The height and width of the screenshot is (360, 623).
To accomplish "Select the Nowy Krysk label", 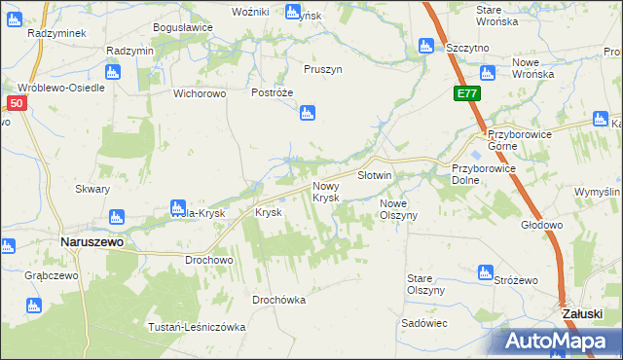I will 325,192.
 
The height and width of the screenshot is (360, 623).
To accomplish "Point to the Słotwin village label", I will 374,175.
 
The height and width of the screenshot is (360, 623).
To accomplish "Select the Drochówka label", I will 278,300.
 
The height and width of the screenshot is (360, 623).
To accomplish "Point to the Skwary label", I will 92,190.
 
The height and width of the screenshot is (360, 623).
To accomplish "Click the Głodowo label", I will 542,225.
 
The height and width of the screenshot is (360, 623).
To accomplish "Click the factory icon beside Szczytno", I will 425,46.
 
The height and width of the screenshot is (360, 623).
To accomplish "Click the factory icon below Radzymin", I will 112,71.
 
